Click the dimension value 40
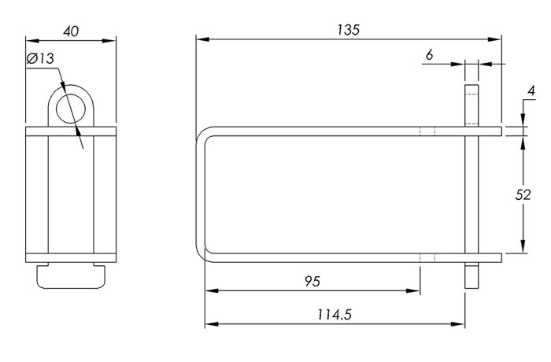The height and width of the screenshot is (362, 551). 71,31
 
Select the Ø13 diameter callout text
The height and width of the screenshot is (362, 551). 40,58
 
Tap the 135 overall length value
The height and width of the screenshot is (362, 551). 348,30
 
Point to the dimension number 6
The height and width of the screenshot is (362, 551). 430,55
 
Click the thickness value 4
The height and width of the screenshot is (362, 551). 531,90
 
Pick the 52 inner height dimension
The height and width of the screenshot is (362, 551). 523,194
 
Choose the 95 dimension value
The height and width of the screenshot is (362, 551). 312,281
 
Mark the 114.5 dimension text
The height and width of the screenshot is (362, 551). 335,314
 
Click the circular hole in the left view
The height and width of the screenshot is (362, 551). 71,109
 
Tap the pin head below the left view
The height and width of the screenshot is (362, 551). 71,277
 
